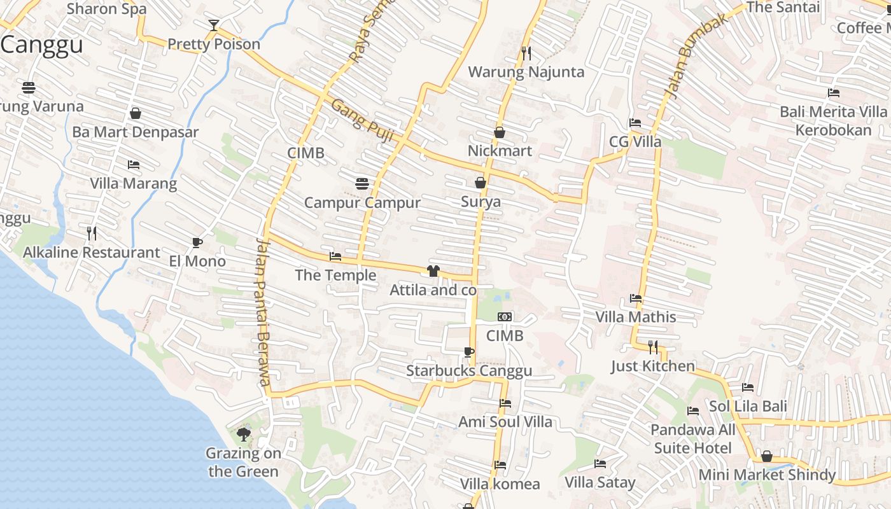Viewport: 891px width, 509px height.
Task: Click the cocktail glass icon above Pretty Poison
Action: [x=214, y=25]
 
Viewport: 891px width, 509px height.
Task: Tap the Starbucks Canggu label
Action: [x=469, y=371]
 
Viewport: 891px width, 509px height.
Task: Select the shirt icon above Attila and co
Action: [x=433, y=271]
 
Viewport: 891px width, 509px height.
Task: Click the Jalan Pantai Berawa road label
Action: [x=263, y=312]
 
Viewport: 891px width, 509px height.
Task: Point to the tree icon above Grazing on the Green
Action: [x=243, y=435]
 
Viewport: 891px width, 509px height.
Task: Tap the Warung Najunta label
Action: [x=526, y=72]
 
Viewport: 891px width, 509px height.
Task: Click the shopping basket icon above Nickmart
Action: [x=500, y=132]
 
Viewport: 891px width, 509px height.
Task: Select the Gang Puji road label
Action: [x=363, y=121]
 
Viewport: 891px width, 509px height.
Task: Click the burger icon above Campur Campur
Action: [x=362, y=184]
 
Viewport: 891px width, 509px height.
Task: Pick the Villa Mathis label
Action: [x=635, y=317]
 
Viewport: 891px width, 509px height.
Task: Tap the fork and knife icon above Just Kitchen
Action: [x=653, y=347]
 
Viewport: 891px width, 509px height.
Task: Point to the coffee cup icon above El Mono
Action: [x=197, y=242]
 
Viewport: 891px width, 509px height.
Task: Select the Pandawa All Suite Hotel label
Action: [x=693, y=439]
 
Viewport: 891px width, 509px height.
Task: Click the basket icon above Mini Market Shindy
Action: [x=767, y=456]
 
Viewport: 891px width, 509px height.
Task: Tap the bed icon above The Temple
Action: [x=335, y=256]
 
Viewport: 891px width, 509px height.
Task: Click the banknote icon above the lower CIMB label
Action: [x=505, y=317]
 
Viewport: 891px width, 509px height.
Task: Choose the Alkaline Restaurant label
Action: [x=92, y=253]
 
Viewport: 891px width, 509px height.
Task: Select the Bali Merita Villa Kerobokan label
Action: [x=833, y=121]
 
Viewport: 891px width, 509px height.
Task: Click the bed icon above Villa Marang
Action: [x=134, y=165]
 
